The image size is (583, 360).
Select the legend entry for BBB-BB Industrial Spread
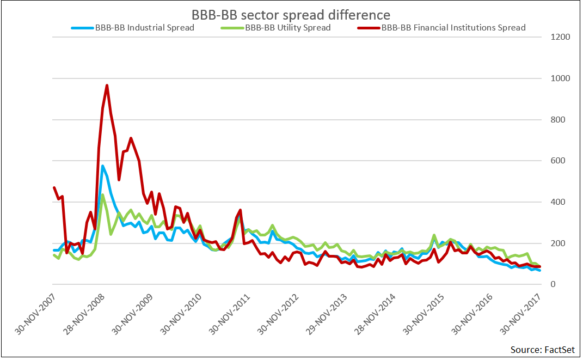(144, 27)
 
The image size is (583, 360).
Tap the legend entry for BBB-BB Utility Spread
(287, 27)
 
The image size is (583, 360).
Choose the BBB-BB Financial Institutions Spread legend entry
(453, 27)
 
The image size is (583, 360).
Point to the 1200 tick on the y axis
(560, 38)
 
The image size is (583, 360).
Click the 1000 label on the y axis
(560, 78)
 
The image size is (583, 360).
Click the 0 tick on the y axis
(553, 284)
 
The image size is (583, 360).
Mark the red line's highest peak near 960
(107, 85)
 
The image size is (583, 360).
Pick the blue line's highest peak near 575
(102, 166)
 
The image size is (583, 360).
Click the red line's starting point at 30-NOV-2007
(53, 187)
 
